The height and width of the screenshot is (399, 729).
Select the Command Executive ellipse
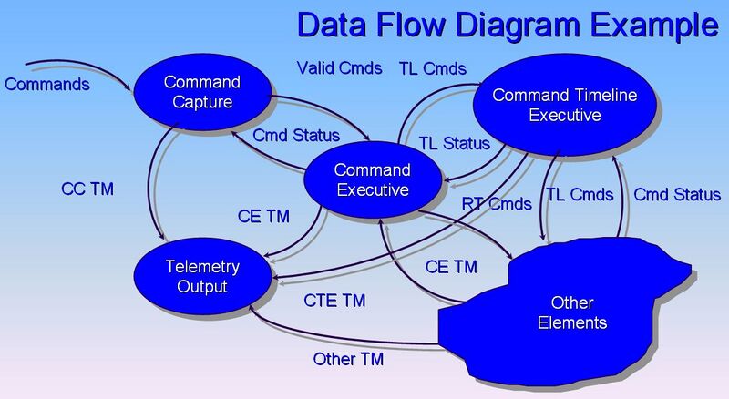coord(372,179)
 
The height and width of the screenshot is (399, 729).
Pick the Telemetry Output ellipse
coord(201,276)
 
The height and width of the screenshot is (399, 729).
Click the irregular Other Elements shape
coord(572,312)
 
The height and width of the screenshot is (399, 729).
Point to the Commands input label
coord(47,85)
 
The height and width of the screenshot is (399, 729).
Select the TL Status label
coord(454,144)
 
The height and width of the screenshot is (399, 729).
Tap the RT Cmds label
coord(496,204)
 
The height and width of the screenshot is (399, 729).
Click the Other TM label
coord(348,359)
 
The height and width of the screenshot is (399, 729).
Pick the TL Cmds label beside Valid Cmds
coord(433,68)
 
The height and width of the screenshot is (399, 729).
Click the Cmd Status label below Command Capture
coord(296,136)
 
